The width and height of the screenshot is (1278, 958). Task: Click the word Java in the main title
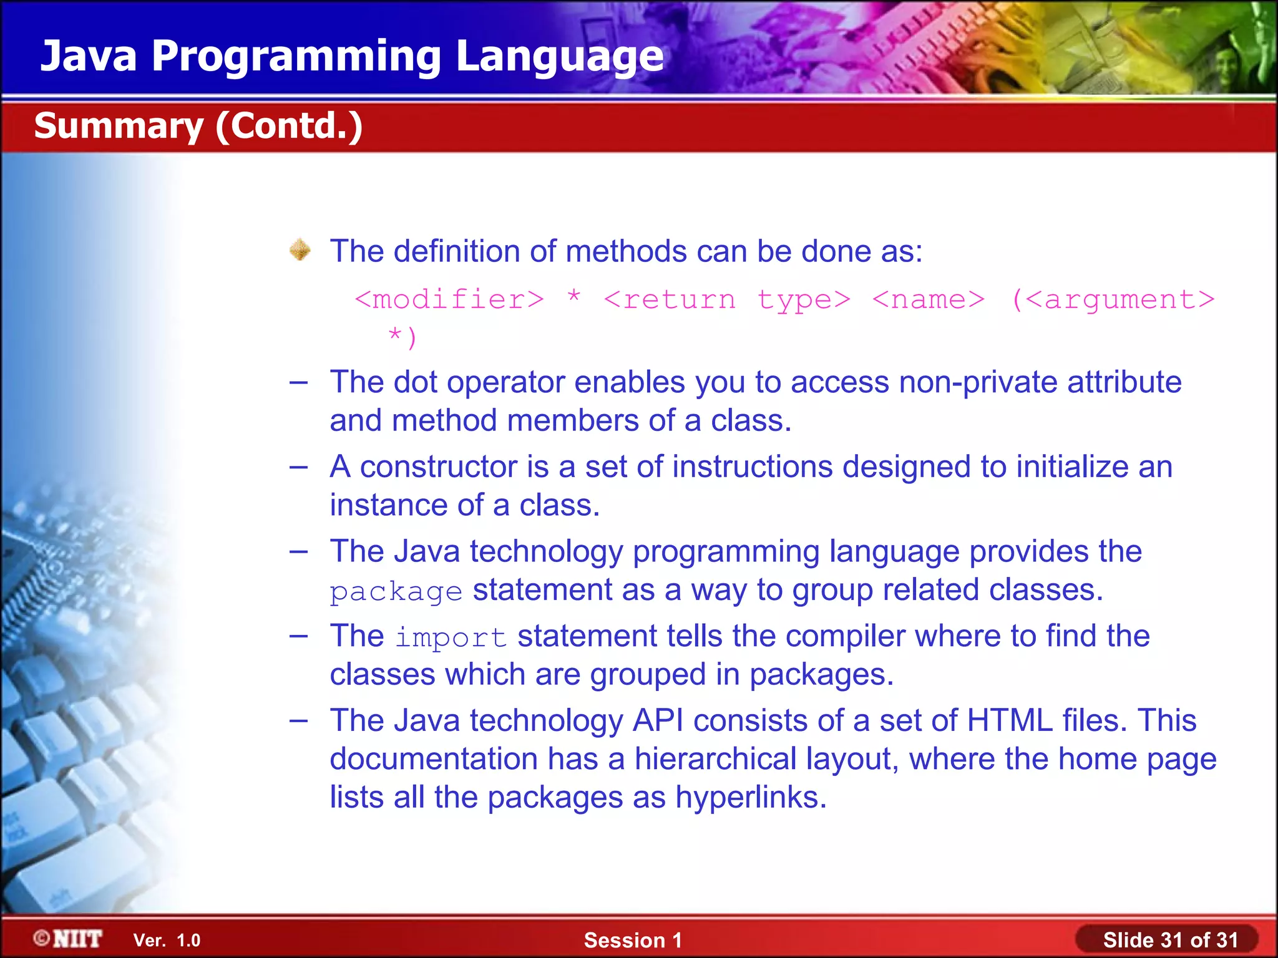89,56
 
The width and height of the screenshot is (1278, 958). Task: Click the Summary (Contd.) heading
198,126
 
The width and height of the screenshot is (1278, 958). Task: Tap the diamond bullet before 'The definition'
300,250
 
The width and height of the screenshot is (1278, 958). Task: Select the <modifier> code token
449,300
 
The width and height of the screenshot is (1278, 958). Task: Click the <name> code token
928,300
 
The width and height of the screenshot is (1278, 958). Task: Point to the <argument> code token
1120,300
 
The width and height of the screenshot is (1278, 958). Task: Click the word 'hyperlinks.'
751,797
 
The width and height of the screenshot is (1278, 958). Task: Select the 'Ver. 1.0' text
167,940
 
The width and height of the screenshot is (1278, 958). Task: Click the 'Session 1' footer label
633,940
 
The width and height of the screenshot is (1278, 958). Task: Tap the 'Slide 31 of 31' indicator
1170,940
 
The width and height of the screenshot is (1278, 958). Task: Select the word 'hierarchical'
715,759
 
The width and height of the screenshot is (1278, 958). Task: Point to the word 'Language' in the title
560,56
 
